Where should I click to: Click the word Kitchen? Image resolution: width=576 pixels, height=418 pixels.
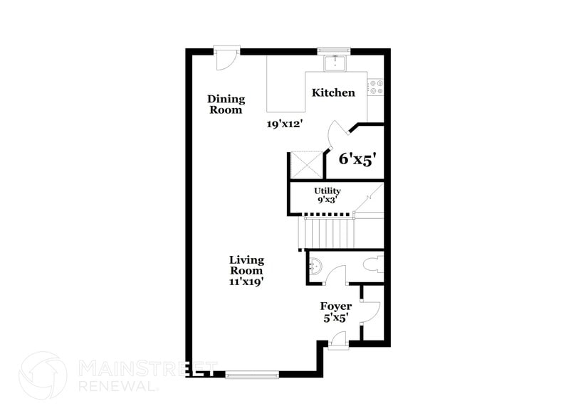point(333,92)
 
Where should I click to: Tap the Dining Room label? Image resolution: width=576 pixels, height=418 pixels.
point(226,104)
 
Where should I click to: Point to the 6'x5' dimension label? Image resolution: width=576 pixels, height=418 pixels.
point(356,159)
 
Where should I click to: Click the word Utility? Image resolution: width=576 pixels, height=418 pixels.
point(328,191)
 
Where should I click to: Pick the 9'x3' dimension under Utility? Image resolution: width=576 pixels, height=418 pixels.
point(328,200)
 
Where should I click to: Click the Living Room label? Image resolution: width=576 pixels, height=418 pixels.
point(246,265)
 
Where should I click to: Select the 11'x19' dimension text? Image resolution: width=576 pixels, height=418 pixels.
point(246,281)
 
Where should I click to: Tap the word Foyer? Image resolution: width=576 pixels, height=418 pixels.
point(336,306)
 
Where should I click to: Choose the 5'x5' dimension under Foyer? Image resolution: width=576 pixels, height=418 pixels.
point(335,318)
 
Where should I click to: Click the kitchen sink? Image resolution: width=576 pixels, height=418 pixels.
point(335,63)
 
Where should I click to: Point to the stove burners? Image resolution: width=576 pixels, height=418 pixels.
point(375,87)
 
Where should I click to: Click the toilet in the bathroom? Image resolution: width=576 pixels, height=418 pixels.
point(372,266)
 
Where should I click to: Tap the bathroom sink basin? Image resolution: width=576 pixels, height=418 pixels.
point(316,267)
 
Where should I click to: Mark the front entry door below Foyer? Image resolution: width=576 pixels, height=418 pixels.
point(339,343)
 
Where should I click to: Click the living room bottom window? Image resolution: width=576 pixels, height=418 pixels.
point(252,374)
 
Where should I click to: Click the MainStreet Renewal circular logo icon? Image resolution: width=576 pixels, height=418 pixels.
point(44,376)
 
